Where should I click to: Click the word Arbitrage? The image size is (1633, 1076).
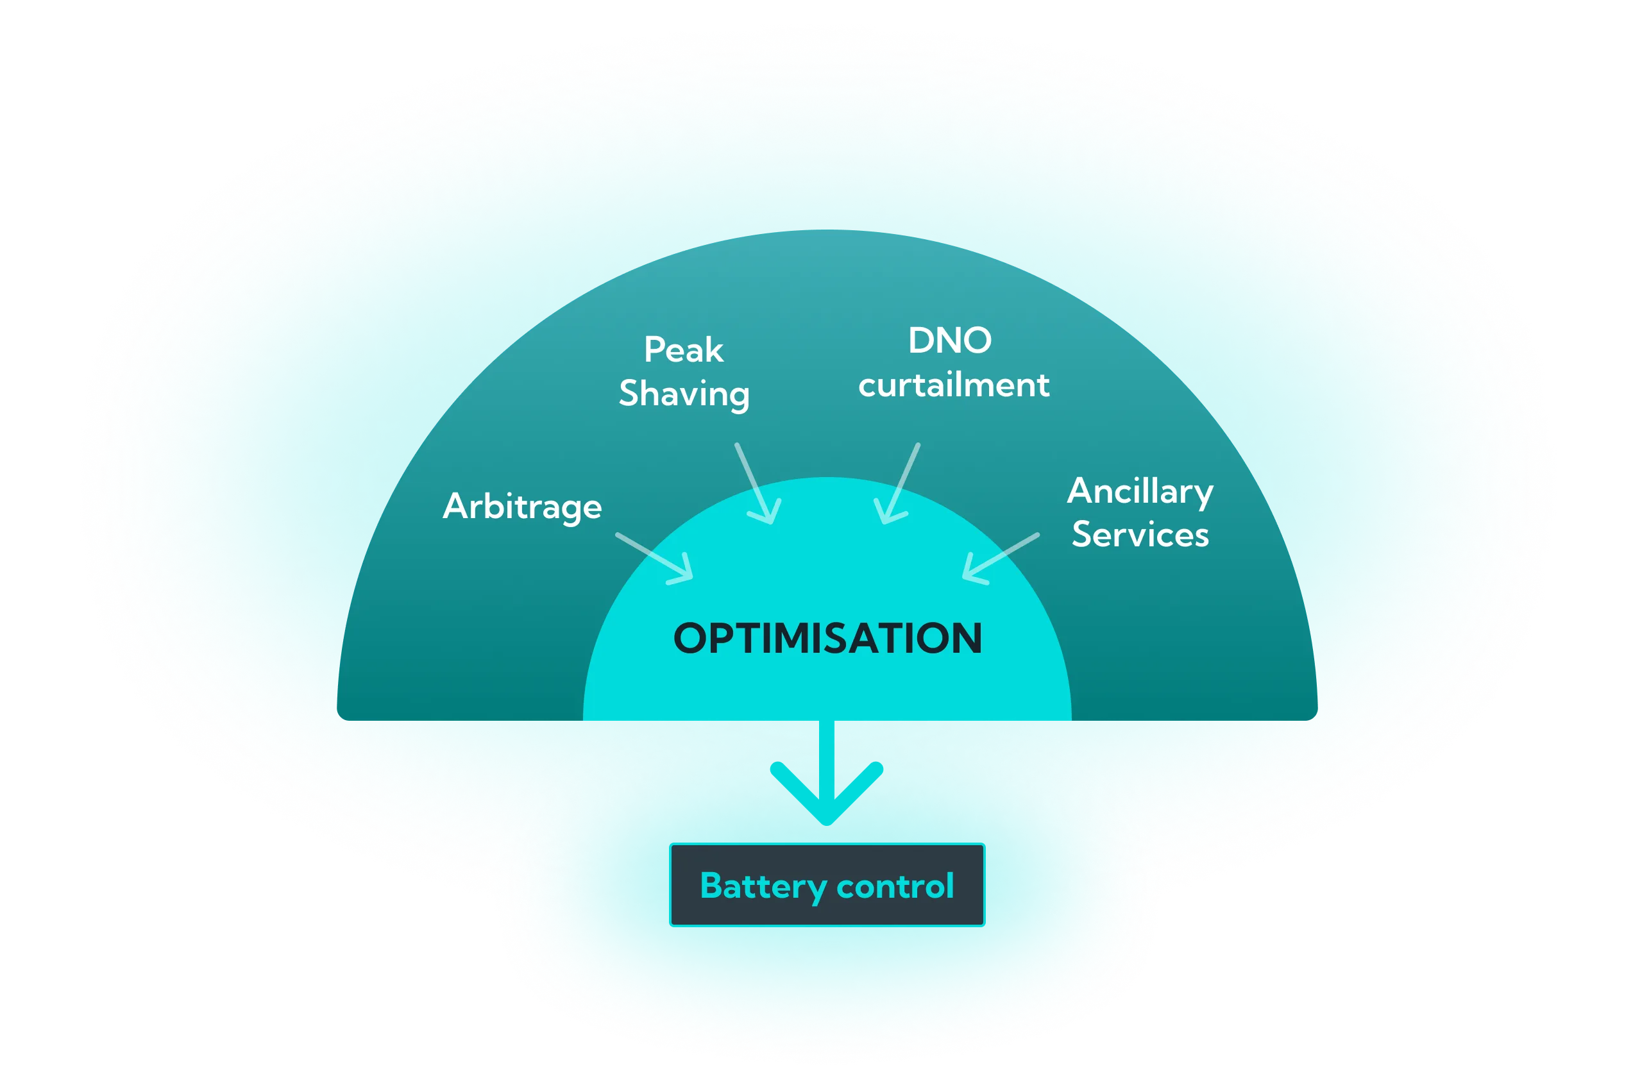pyautogui.click(x=522, y=507)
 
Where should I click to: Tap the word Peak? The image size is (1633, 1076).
pyautogui.click(x=683, y=350)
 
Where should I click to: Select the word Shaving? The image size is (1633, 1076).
pyautogui.click(x=684, y=393)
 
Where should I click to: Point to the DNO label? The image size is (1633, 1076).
pyautogui.click(x=950, y=340)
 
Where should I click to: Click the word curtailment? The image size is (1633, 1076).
pyautogui.click(x=954, y=385)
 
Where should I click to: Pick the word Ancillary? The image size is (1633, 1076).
pyautogui.click(x=1140, y=492)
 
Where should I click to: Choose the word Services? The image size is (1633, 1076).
pyautogui.click(x=1140, y=535)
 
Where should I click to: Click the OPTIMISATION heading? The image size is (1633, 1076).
pyautogui.click(x=827, y=638)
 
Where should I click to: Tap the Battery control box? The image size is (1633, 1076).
pyautogui.click(x=827, y=884)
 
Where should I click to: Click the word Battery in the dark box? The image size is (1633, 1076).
pyautogui.click(x=763, y=886)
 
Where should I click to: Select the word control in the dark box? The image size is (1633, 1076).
pyautogui.click(x=895, y=886)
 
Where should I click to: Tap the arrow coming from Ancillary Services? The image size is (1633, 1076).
pyautogui.click(x=1001, y=558)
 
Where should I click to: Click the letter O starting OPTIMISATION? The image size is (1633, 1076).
pyautogui.click(x=693, y=638)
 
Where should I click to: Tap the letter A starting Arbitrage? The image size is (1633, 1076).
pyautogui.click(x=457, y=507)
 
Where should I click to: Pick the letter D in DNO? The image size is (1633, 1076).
pyautogui.click(x=920, y=340)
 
